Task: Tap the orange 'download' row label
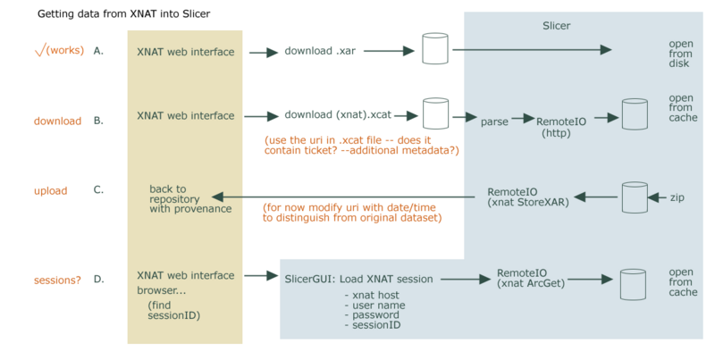pos(58,121)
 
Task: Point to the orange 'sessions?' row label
pos(58,280)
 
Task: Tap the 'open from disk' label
pos(680,58)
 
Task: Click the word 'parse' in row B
pos(494,119)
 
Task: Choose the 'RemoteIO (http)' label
pos(560,125)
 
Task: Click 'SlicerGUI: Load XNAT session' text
pos(358,279)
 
